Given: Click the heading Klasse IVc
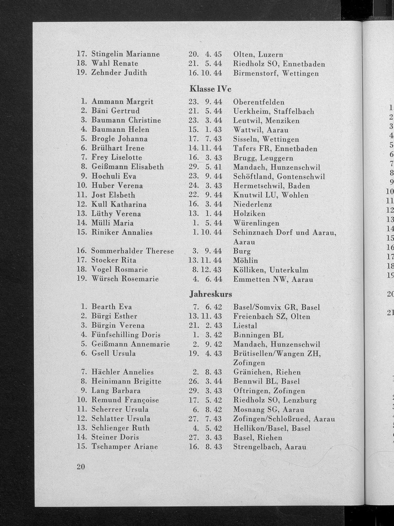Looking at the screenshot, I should [210, 88].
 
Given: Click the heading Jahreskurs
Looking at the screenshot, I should [210, 294].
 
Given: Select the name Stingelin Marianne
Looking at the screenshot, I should [125, 54].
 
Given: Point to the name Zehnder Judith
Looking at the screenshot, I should [119, 73].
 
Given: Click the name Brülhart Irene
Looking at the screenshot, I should [118, 148].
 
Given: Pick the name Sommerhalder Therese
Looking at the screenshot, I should [132, 251].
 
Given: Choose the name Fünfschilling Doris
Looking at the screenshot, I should [126, 335].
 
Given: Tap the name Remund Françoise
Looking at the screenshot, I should [125, 400].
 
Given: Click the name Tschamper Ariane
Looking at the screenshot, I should [125, 447].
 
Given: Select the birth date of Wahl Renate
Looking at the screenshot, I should [205, 63].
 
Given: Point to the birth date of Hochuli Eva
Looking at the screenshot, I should [205, 176].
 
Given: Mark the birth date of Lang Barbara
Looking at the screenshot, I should [205, 391].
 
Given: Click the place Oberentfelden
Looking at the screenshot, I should [258, 102].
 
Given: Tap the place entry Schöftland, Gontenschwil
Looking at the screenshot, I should [279, 177].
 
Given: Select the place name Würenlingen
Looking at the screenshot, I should [256, 223].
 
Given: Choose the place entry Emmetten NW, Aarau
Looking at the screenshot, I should [273, 279].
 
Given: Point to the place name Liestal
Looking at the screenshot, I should [245, 326].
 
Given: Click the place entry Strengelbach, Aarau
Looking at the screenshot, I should [269, 447].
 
